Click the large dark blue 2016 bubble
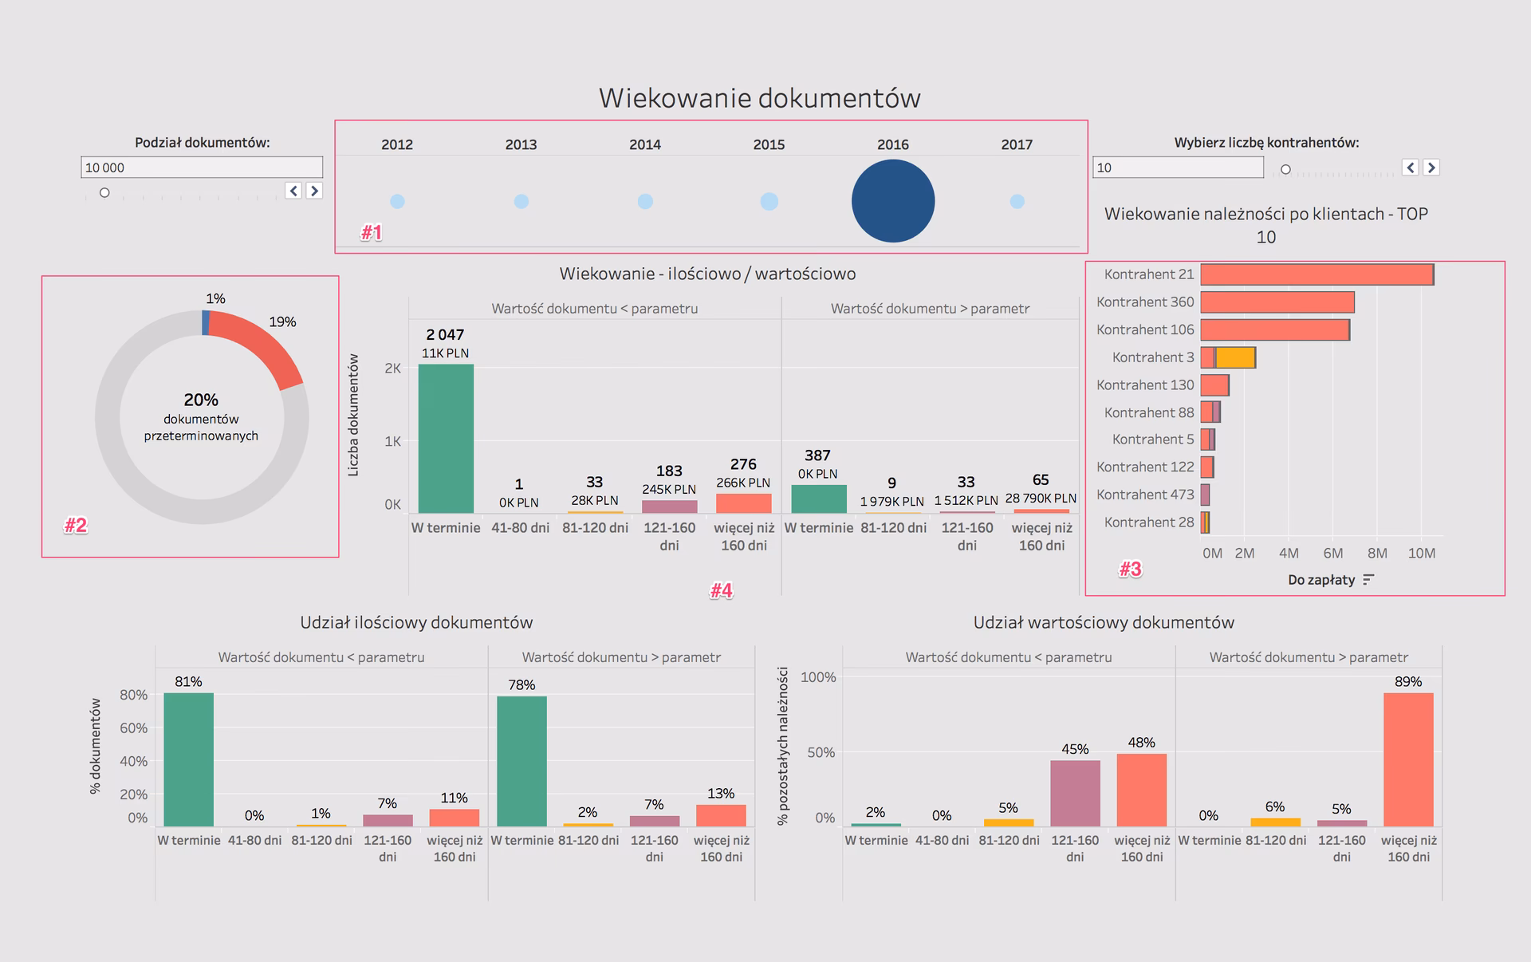pos(893,201)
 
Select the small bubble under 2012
pos(397,202)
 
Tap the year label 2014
pos(645,144)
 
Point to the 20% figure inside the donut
pos(201,400)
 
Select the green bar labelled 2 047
pos(446,439)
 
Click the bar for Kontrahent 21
pos(1317,274)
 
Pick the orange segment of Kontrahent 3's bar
pos(1235,357)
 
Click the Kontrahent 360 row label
pos(1145,302)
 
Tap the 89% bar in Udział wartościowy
pos(1408,759)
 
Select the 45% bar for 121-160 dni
pos(1075,793)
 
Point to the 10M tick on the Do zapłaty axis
pos(1421,554)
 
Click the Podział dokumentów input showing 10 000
pos(202,168)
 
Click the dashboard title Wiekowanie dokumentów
pos(759,98)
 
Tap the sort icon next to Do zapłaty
pos(1368,580)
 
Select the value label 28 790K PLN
pos(1041,499)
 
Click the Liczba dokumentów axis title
pos(353,416)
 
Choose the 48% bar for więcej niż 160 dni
pos(1141,790)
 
